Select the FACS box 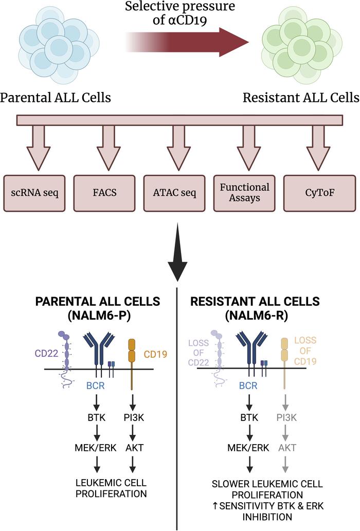(x=104, y=193)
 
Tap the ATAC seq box (x=175, y=193)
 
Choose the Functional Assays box (x=245, y=193)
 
